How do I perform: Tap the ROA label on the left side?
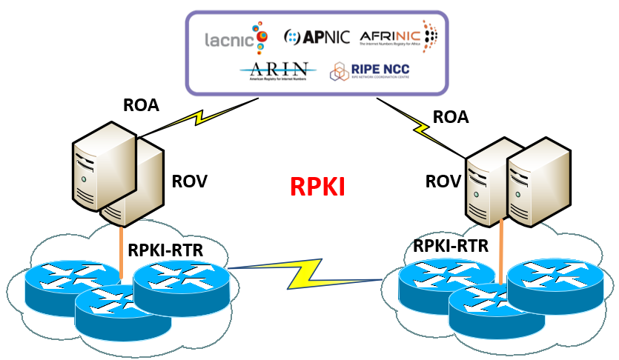[141, 104]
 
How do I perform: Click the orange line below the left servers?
[120, 252]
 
